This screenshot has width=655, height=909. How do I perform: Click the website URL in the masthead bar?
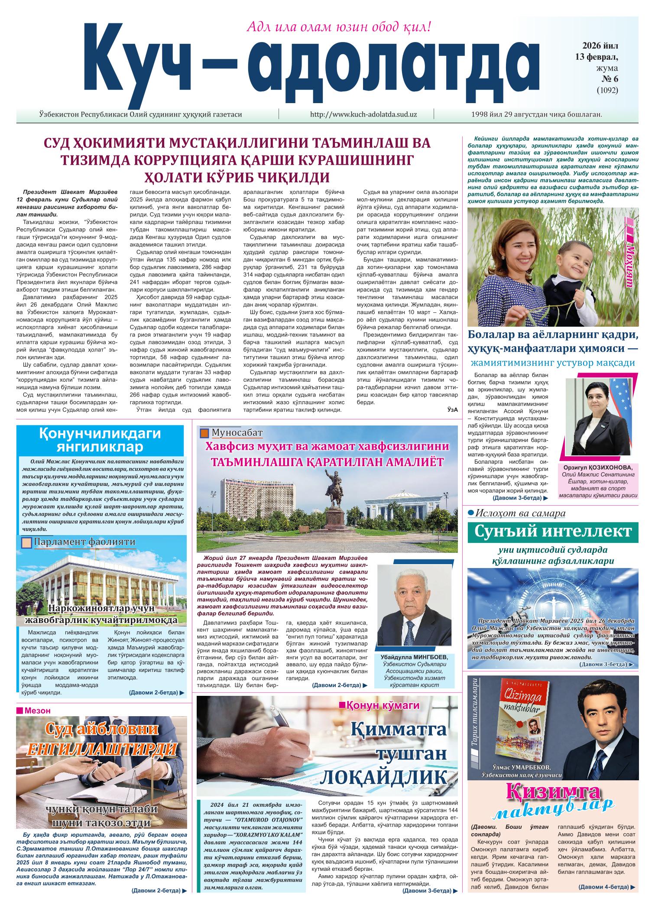click(x=363, y=114)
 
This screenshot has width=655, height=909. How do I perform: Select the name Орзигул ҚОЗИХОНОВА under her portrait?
click(x=597, y=468)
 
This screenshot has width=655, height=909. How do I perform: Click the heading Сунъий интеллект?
click(x=552, y=531)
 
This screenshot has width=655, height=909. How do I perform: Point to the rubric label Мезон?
click(x=37, y=711)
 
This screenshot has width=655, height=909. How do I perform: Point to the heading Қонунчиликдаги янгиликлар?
click(x=100, y=439)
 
